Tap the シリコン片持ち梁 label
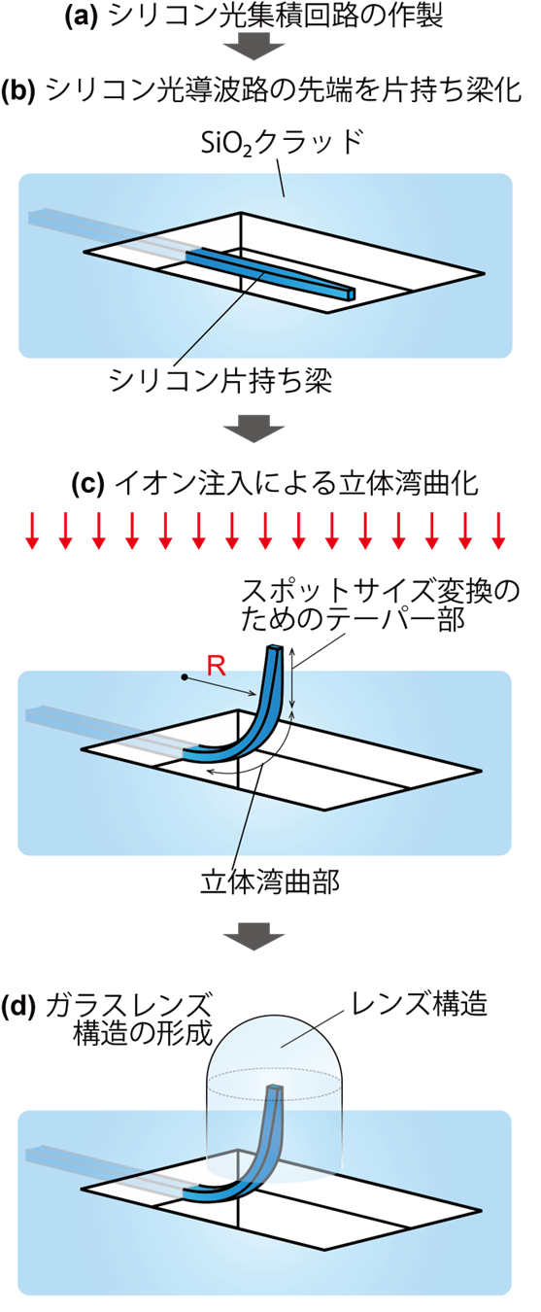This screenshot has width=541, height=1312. point(220,382)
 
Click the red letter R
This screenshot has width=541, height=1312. point(216,667)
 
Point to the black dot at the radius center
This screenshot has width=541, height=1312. point(184,677)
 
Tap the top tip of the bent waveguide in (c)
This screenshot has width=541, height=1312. point(274,648)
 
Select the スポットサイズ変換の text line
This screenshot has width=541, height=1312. point(381,592)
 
